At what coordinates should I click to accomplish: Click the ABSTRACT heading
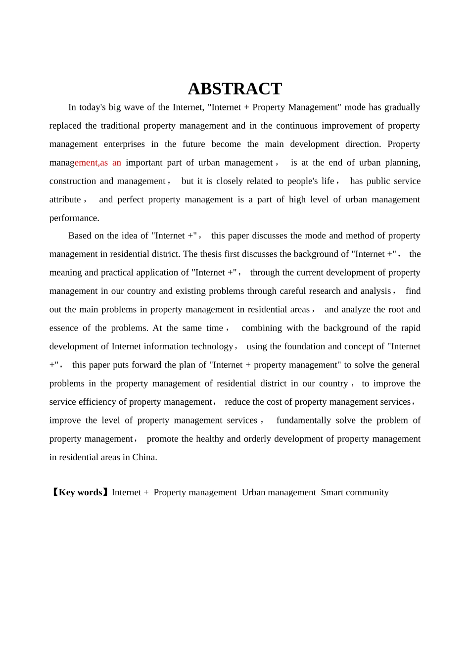click(235, 89)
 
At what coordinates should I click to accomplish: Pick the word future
click(194, 144)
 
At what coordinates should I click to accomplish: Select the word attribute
click(65, 199)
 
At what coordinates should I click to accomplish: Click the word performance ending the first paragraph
click(74, 218)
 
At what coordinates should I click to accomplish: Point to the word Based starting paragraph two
click(80, 236)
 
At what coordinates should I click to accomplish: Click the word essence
click(63, 328)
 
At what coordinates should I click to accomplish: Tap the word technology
click(211, 346)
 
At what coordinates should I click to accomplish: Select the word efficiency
click(102, 402)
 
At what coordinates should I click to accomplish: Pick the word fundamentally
click(303, 421)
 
